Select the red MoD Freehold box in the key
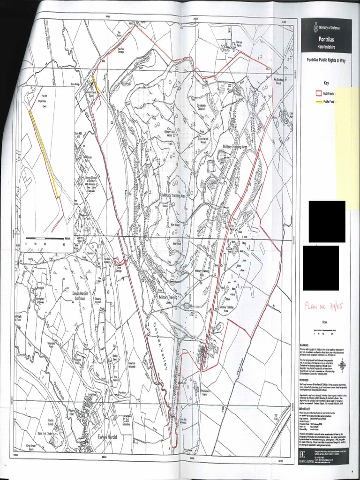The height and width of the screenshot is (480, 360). click(x=320, y=93)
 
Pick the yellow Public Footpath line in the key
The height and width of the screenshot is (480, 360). click(x=320, y=101)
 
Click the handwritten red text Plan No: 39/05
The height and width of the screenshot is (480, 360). click(x=324, y=306)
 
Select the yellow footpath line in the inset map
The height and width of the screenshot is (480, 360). click(x=45, y=150)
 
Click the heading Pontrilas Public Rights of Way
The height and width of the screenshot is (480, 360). click(x=326, y=60)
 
